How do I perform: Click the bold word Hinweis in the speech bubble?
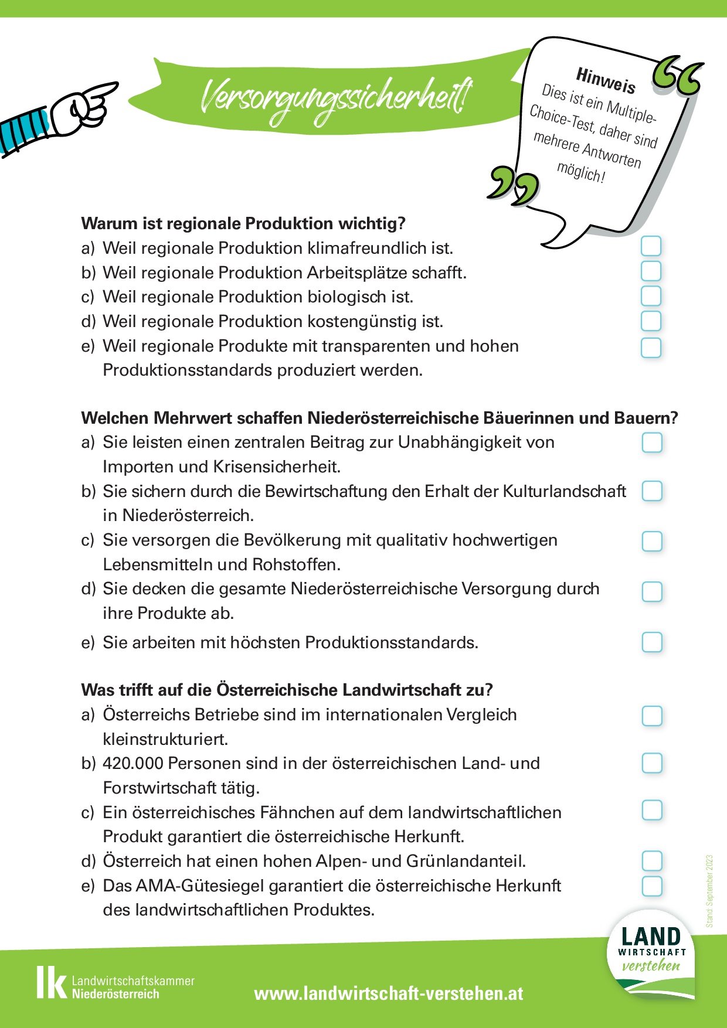(606, 81)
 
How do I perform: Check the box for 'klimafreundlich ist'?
(651, 246)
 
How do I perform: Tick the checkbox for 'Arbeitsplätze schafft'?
(651, 271)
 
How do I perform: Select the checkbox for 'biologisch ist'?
(651, 296)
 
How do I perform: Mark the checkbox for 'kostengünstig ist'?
(651, 321)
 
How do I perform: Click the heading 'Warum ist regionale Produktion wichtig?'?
(243, 223)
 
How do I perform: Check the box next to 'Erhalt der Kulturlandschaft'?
(652, 491)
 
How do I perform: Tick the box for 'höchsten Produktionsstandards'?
(652, 642)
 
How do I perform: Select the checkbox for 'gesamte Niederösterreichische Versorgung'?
(652, 592)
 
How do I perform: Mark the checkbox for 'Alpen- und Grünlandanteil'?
(652, 861)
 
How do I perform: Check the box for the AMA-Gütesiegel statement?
(652, 886)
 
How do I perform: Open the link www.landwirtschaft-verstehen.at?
(389, 993)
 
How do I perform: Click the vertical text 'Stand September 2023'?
(709, 890)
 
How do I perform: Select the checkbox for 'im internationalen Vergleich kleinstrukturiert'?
(652, 716)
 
